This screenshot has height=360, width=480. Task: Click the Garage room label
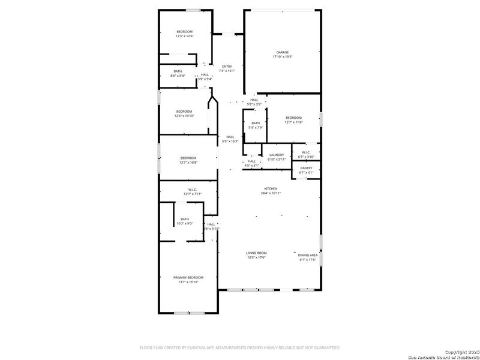282,52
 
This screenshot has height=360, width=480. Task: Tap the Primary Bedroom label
188,277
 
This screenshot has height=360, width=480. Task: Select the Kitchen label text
271,188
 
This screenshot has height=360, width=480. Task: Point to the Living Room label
256,253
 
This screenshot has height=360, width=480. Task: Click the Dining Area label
308,255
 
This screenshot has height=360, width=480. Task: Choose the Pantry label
306,169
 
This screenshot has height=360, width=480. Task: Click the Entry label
226,67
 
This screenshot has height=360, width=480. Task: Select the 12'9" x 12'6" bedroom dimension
184,36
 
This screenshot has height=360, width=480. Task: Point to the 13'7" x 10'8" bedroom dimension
188,162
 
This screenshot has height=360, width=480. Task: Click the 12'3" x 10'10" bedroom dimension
184,116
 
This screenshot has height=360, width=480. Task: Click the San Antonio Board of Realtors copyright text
442,354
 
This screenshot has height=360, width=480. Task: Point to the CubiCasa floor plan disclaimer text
240,347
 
